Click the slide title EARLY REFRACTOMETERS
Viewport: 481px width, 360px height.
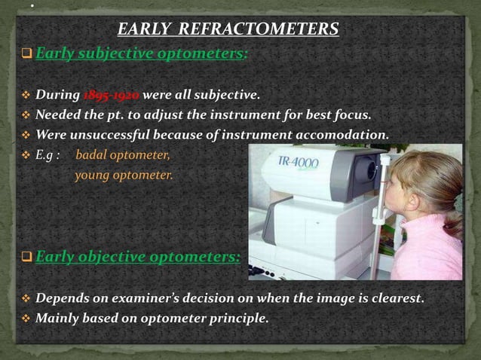[228, 30]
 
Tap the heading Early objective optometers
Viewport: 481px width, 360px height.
[138, 257]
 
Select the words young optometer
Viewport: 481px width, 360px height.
[124, 175]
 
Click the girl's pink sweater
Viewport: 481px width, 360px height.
[434, 252]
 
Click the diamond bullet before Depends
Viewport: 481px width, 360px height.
[25, 299]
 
